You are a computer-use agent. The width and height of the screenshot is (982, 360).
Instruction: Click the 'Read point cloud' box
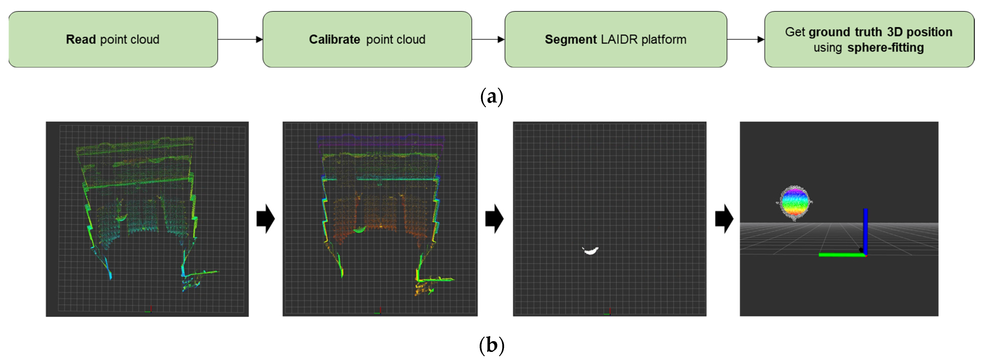coord(113,39)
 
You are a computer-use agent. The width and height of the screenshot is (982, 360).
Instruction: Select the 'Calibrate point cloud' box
coord(367,39)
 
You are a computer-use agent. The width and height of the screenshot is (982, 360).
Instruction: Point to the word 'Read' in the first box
coord(81,39)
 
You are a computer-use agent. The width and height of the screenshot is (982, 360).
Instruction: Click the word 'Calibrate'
coord(334,39)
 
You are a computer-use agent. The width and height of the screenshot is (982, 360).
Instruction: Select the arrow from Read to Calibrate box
coord(240,39)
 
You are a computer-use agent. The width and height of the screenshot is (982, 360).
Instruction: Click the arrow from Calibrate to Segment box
coord(488,39)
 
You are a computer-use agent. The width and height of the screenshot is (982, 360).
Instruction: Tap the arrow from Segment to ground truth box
coord(746,39)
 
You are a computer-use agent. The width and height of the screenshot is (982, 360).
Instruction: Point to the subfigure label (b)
coord(492,345)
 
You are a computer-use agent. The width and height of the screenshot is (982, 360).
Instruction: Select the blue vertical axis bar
coord(865,231)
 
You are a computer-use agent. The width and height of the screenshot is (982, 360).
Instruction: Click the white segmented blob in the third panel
coord(591,250)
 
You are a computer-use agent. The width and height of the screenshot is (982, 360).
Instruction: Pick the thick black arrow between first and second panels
coord(266,219)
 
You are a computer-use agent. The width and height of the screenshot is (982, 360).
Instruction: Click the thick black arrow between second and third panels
coord(495,219)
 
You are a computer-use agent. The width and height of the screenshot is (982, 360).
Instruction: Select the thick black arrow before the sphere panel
coord(724,219)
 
